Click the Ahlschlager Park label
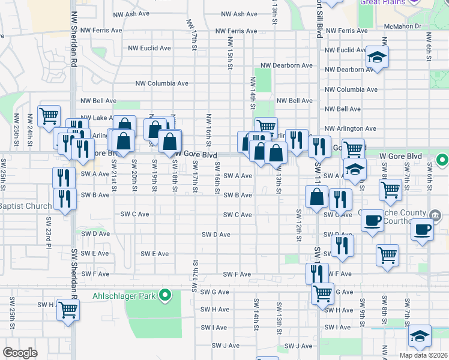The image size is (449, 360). pos(123,295)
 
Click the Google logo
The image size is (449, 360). pos(20,352)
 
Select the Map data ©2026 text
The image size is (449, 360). pos(423,355)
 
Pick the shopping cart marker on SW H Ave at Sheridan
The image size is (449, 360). pos(68,310)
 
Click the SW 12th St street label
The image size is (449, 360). pos(298,223)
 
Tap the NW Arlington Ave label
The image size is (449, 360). pos(350,128)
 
